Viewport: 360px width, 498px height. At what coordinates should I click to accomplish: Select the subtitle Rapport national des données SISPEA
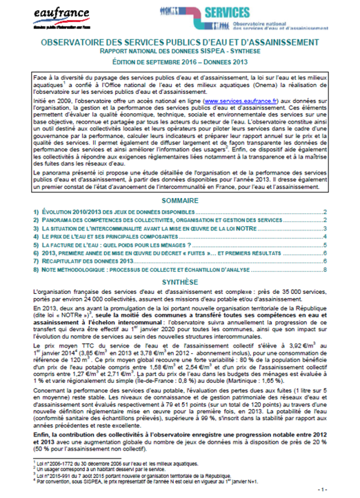180,52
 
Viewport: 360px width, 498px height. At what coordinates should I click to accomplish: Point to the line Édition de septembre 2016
180,61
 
